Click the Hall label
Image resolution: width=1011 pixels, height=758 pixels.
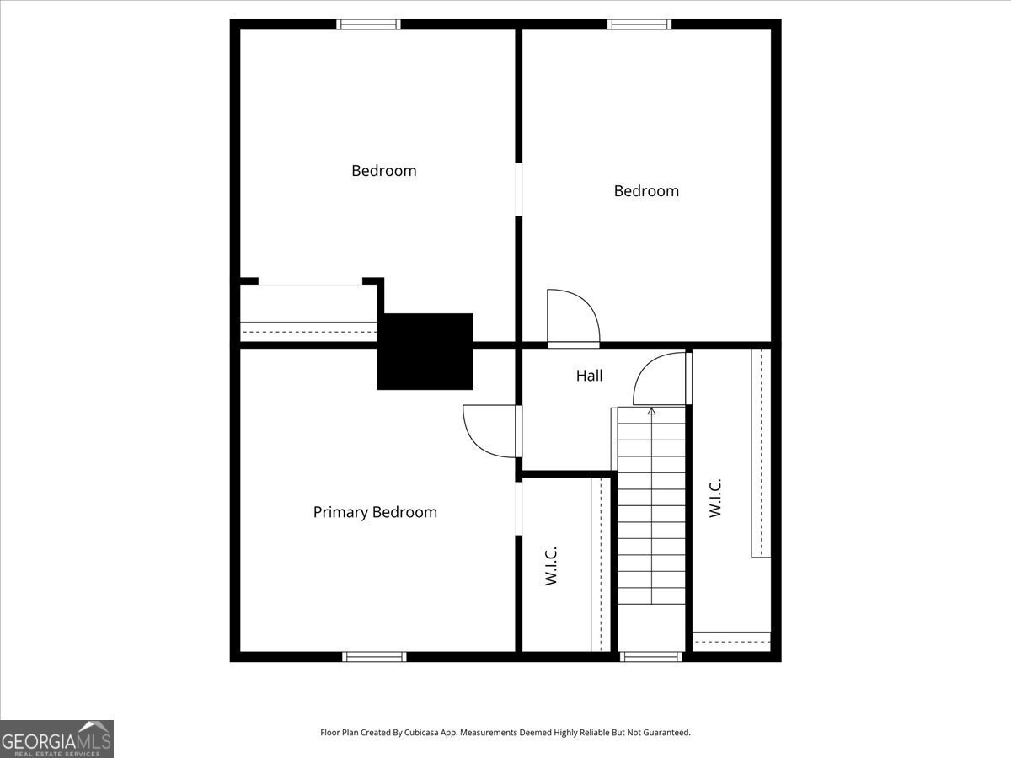[589, 376]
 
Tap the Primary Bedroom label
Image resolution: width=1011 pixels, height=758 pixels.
[375, 512]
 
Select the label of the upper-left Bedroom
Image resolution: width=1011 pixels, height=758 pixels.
[383, 171]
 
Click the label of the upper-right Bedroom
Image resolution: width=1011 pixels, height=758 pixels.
[646, 191]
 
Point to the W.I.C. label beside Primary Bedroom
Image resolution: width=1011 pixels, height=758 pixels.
[552, 566]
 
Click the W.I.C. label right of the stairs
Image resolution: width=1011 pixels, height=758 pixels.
[715, 498]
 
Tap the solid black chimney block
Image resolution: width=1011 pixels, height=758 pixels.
[425, 351]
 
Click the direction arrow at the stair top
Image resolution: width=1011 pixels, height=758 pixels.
[651, 412]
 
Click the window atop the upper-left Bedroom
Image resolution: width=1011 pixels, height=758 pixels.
[368, 24]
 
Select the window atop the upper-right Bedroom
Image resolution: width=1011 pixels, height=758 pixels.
[640, 24]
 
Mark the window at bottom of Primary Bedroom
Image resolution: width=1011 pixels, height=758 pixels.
[374, 656]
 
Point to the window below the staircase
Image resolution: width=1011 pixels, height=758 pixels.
[650, 656]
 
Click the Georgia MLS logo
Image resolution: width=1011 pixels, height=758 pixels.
[56, 739]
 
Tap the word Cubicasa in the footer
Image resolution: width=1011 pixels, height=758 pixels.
[436, 733]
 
